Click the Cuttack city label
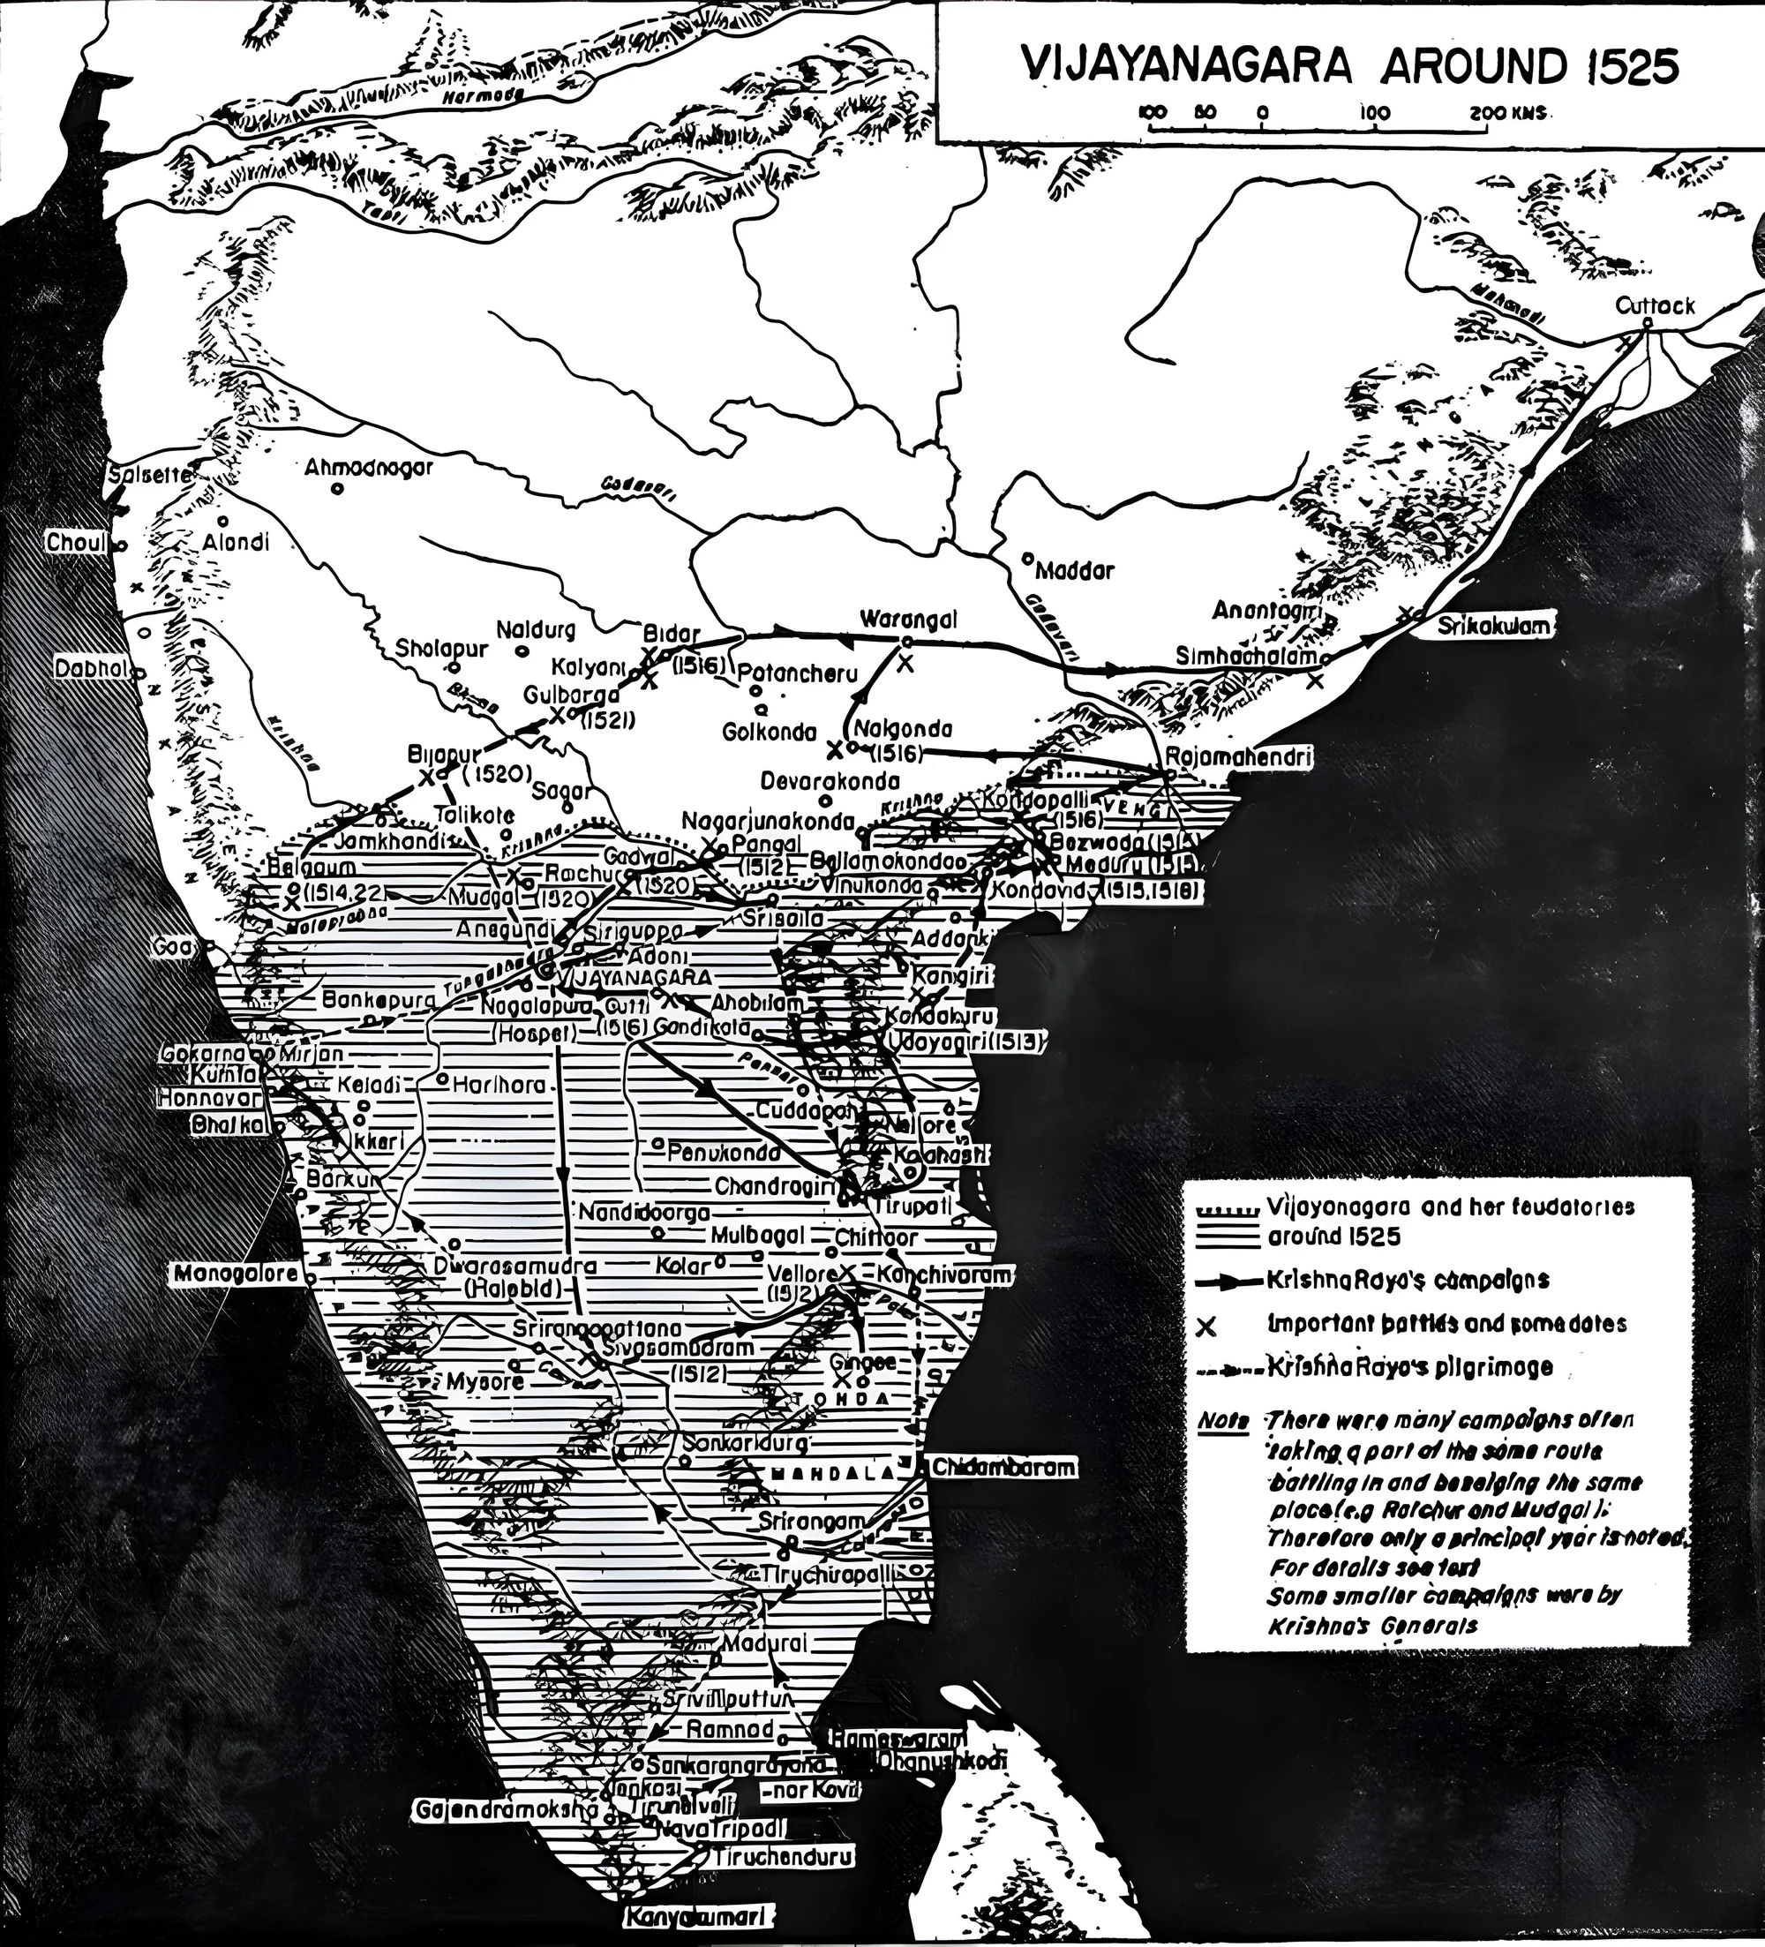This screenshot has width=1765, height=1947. click(x=1656, y=305)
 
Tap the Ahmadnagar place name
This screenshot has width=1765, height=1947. click(x=369, y=468)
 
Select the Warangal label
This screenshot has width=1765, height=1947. click(x=909, y=620)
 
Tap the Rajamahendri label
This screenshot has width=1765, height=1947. click(x=1239, y=757)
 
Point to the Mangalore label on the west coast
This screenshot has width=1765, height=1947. click(x=237, y=1274)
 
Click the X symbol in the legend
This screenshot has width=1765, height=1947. click(x=1204, y=1327)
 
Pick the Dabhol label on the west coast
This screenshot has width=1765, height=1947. click(x=91, y=668)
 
